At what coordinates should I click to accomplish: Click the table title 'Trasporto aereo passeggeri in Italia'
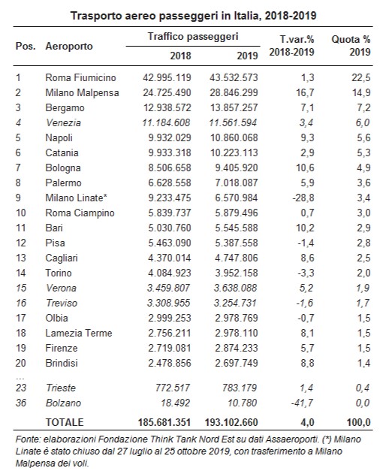click(164, 16)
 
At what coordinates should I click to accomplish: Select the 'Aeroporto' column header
click(69, 47)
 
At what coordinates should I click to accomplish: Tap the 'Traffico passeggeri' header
click(193, 37)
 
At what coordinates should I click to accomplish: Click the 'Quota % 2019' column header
click(351, 46)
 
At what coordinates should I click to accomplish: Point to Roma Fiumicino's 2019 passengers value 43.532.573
click(234, 77)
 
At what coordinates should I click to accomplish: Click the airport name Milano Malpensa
click(82, 92)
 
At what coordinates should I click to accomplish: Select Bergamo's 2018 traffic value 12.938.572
click(167, 107)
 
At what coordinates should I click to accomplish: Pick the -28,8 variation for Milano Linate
click(303, 198)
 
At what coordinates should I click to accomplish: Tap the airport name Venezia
click(64, 122)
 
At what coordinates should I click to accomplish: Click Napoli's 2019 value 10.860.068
click(234, 138)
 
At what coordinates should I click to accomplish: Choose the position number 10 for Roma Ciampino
click(21, 213)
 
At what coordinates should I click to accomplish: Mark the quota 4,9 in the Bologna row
click(363, 168)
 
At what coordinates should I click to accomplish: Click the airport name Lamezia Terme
click(79, 333)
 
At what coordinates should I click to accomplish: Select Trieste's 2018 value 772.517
click(173, 388)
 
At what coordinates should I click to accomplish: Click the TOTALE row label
click(65, 422)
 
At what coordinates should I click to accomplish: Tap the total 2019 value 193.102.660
click(231, 422)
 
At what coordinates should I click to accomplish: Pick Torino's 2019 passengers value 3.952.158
click(237, 273)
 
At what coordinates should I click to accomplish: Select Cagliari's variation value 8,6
click(307, 258)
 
